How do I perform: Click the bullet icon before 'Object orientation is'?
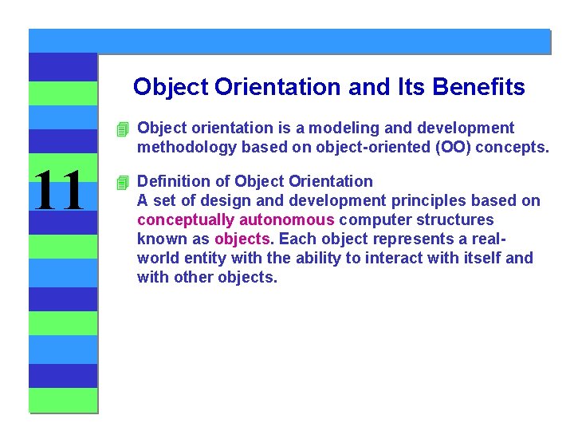point(121,129)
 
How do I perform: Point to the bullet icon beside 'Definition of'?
point(121,182)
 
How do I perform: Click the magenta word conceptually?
point(186,219)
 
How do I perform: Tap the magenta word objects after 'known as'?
point(242,239)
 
